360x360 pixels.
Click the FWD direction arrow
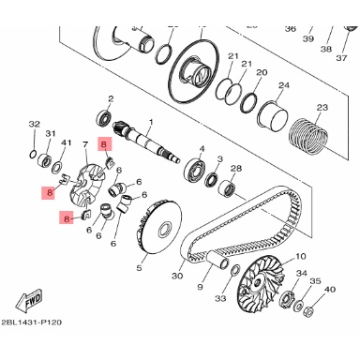pyautogui.click(x=29, y=302)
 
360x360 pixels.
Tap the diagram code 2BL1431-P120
pyautogui.click(x=31, y=322)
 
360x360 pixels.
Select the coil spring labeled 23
pyautogui.click(x=307, y=136)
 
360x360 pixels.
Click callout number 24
pyautogui.click(x=284, y=85)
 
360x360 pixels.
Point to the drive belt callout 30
pyautogui.click(x=176, y=276)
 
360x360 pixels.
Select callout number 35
pyautogui.click(x=315, y=281)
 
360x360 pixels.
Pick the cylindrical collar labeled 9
pyautogui.click(x=217, y=261)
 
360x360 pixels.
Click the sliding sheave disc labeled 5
pyautogui.click(x=158, y=227)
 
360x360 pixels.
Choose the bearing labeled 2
pyautogui.click(x=104, y=117)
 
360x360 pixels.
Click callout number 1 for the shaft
pyautogui.click(x=151, y=122)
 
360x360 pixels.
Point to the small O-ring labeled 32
pyautogui.click(x=33, y=154)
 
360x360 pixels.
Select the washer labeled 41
pyautogui.click(x=57, y=168)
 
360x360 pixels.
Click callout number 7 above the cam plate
pyautogui.click(x=84, y=144)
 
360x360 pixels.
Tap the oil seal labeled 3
pyautogui.click(x=213, y=180)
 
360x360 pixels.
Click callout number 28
pyautogui.click(x=236, y=169)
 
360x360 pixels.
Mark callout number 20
pyautogui.click(x=262, y=72)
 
